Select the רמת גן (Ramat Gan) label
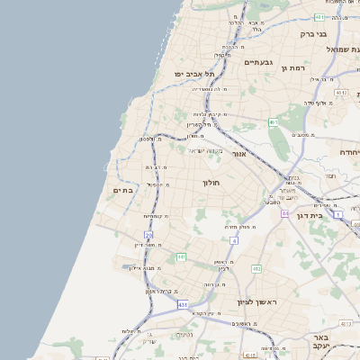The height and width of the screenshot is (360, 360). tap(295, 67)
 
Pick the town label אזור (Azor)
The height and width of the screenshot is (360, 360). tap(238, 154)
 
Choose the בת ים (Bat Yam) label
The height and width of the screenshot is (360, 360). tap(123, 191)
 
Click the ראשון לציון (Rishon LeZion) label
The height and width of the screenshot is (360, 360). tap(255, 302)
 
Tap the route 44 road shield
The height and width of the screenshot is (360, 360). tap(283, 214)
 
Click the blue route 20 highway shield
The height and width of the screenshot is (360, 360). tap(148, 235)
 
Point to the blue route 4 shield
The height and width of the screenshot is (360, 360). tap(234, 241)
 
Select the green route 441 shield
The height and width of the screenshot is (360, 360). tap(181, 257)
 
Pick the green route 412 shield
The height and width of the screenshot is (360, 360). tap(256, 268)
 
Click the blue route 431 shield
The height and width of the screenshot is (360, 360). tap(183, 305)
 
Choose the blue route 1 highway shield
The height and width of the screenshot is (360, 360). tap(337, 215)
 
